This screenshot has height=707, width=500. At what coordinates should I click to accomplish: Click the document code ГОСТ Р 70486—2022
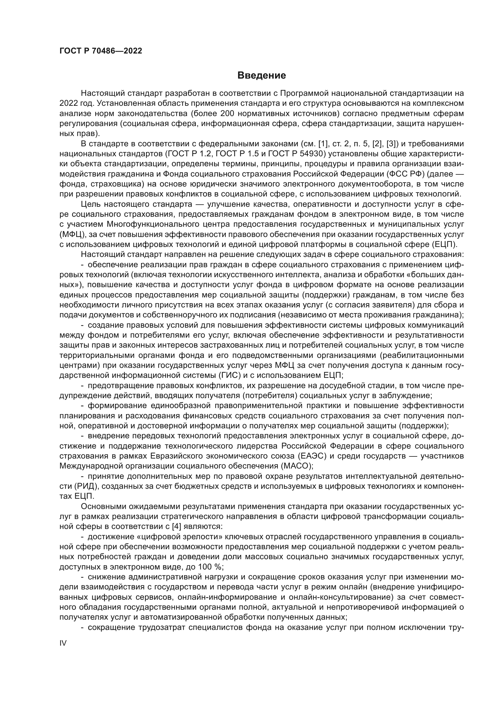(101, 51)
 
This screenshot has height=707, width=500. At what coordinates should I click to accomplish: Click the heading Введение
(261, 76)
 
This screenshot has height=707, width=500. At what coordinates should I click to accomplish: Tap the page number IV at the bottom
(63, 643)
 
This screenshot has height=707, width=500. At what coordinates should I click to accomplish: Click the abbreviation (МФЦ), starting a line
(70, 235)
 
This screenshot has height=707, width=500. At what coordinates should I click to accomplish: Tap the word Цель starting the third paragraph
(91, 204)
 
